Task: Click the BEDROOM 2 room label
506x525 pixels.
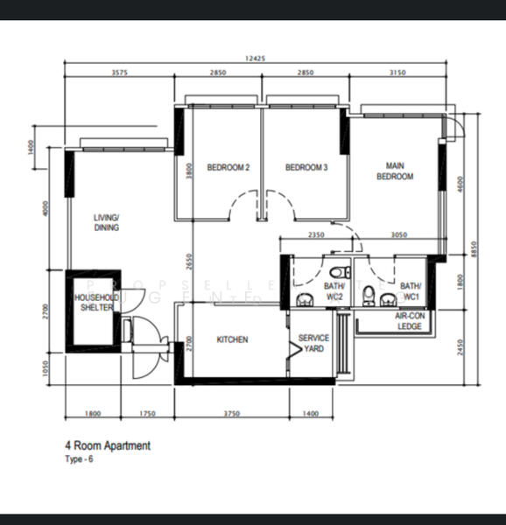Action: pyautogui.click(x=228, y=168)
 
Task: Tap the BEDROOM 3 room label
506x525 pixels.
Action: pyautogui.click(x=306, y=168)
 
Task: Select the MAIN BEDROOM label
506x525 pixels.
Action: pyautogui.click(x=395, y=171)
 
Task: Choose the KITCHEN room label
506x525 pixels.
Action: pyautogui.click(x=232, y=339)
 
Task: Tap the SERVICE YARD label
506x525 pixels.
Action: pyautogui.click(x=313, y=343)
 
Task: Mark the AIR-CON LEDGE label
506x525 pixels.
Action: pyautogui.click(x=409, y=321)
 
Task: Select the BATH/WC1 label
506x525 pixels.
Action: pyautogui.click(x=411, y=291)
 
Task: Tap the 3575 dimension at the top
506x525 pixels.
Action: pyautogui.click(x=120, y=73)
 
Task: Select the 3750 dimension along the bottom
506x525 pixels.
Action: pyautogui.click(x=231, y=413)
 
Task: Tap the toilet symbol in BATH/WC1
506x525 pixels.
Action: pyautogui.click(x=370, y=291)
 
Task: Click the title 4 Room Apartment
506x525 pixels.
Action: pyautogui.click(x=108, y=445)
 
